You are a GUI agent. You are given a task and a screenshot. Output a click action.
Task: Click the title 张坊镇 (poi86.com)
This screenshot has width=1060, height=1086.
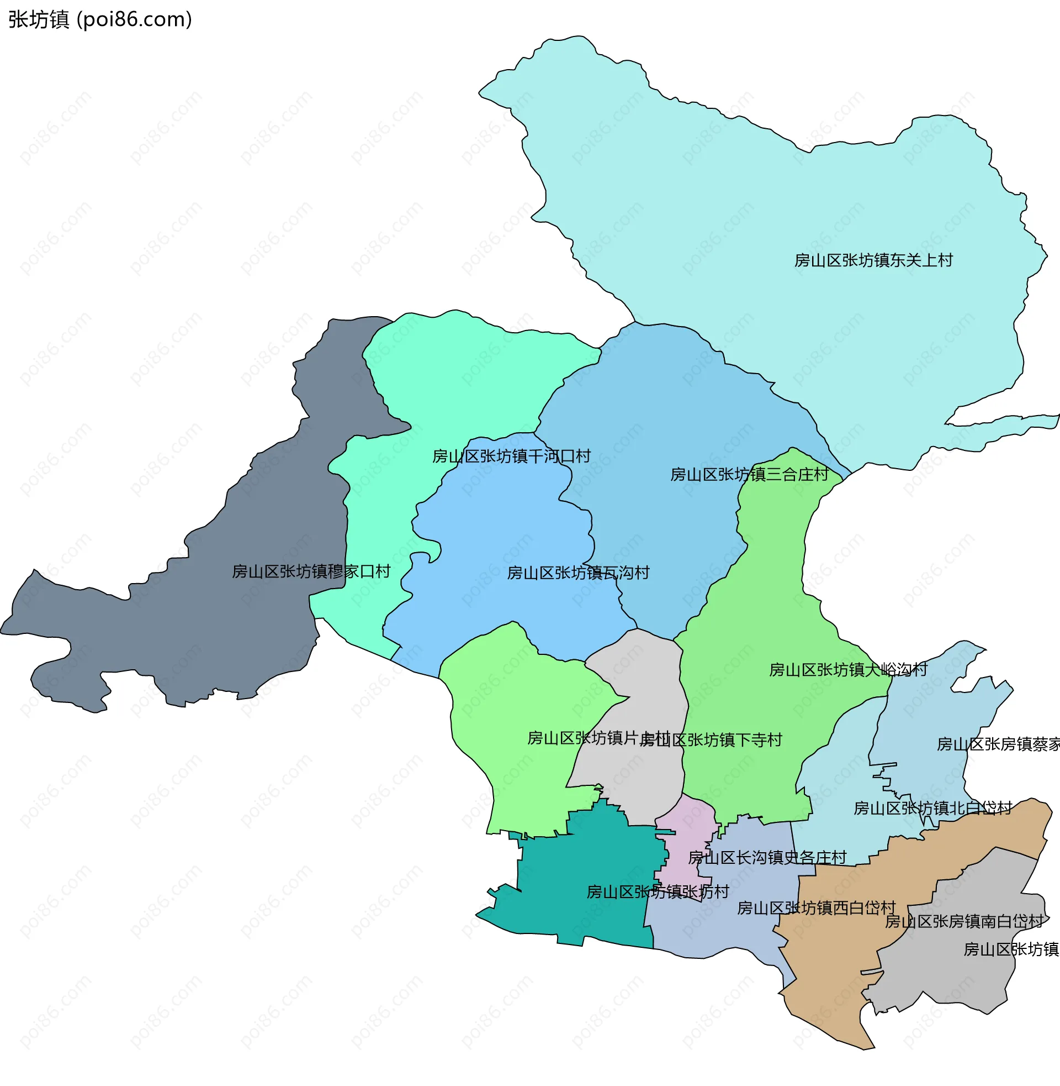100,19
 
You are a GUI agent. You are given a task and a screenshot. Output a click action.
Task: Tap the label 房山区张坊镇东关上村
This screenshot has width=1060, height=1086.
873,260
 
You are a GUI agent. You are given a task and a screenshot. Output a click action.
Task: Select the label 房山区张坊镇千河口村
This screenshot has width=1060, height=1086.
511,457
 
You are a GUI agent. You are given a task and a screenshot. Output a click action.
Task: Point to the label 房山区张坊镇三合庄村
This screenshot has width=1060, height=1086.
749,475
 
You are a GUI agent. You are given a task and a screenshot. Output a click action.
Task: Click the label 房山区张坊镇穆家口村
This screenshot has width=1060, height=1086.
311,571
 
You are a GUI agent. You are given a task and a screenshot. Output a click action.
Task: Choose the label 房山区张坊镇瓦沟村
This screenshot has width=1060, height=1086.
578,573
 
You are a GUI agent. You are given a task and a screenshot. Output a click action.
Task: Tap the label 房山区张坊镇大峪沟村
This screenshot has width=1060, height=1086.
848,670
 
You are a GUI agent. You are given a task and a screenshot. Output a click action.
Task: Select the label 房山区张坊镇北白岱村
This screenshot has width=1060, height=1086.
932,809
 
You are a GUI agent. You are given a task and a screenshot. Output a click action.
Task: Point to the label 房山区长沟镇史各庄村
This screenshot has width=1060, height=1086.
767,858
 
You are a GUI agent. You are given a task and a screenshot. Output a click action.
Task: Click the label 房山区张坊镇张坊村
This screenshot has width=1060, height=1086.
658,892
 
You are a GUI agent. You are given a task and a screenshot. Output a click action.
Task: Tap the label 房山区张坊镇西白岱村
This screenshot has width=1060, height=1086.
816,908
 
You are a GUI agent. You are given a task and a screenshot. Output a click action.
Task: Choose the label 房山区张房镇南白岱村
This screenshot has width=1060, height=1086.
964,922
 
